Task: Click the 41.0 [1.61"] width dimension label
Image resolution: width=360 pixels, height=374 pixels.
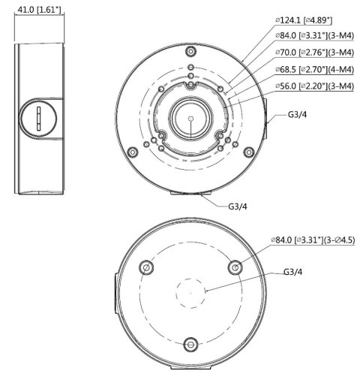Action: (x=37, y=11)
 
